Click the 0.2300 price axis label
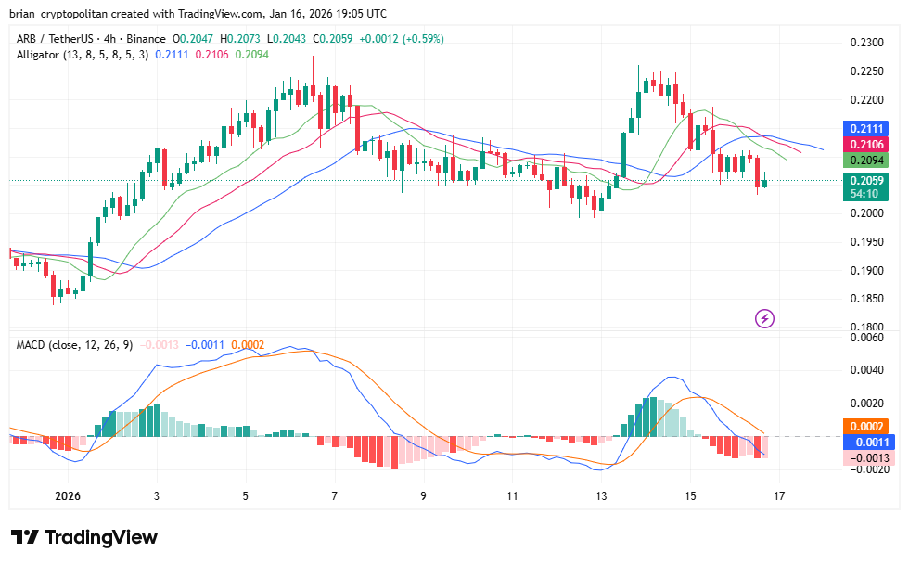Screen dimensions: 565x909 click(867, 43)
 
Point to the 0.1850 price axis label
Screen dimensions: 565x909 click(867, 299)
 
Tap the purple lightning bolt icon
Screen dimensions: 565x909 click(765, 319)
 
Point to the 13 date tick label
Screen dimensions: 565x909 click(601, 496)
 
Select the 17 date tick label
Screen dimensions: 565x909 click(779, 496)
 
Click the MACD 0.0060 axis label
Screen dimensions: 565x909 click(867, 338)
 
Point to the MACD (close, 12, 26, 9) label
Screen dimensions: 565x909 click(74, 345)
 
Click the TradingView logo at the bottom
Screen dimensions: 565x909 click(84, 537)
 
